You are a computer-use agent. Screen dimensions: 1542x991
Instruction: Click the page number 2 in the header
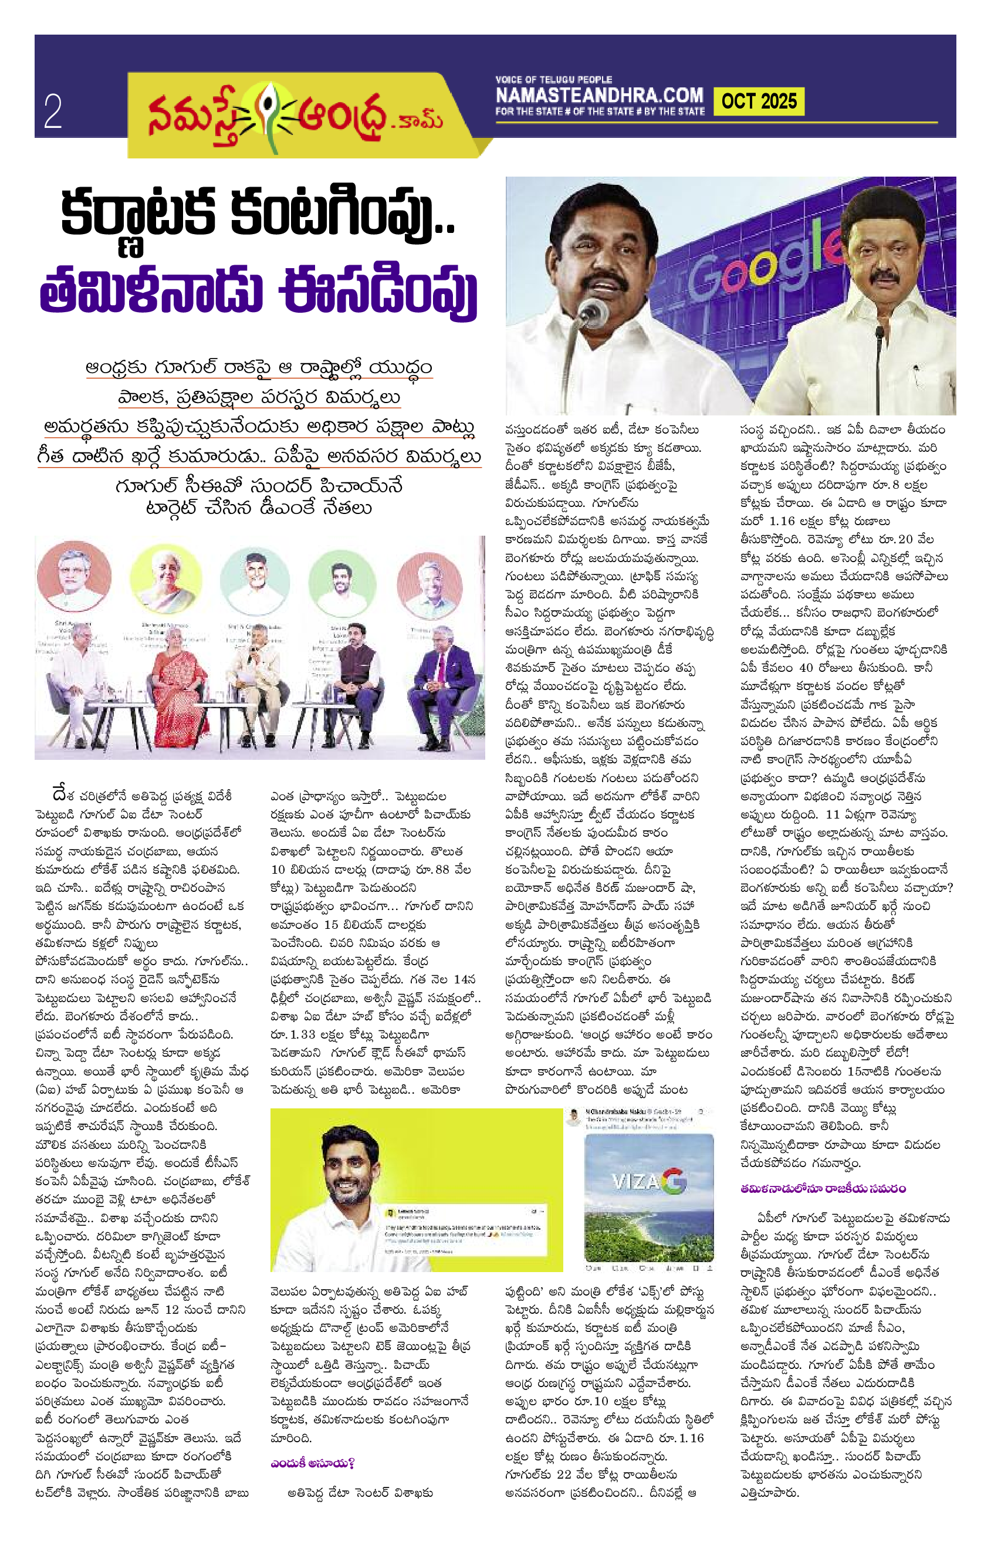tap(53, 111)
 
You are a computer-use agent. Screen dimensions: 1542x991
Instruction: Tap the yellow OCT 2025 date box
tap(759, 102)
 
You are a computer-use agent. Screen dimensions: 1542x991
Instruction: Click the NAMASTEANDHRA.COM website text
tap(599, 96)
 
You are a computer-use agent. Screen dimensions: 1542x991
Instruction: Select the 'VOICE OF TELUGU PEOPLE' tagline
tap(553, 79)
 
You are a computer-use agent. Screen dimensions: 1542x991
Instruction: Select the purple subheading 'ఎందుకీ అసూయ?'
tap(313, 1463)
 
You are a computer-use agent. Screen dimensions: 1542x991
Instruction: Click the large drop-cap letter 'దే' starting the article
tap(61, 793)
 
